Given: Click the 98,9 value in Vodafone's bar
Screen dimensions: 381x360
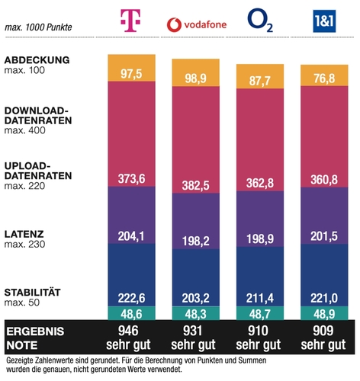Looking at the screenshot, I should (x=196, y=78).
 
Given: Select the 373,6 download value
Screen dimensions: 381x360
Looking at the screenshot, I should (x=132, y=178).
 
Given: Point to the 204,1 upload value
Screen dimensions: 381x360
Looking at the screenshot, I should (x=132, y=236).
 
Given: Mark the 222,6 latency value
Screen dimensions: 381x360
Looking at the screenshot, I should (x=132, y=296).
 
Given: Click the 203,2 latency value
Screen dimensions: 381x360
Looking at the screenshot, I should (x=196, y=297).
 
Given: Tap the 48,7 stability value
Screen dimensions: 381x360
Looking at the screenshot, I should (x=261, y=313).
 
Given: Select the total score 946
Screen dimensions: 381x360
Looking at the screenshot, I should (x=132, y=331).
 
